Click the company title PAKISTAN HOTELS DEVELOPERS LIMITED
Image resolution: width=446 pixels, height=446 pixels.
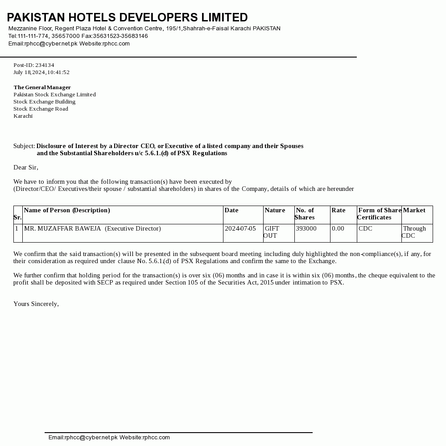[127, 17]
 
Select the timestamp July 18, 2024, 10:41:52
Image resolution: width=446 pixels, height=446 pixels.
[41, 72]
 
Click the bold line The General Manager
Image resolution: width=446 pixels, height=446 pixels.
[42, 87]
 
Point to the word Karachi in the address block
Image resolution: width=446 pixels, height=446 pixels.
[23, 116]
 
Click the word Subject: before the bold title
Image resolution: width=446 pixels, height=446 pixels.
[24, 146]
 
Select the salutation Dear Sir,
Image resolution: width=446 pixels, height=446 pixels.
[26, 167]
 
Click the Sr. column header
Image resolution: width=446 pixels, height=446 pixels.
[17, 217]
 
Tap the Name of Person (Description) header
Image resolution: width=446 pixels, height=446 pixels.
[67, 210]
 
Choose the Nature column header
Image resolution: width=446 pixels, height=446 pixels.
[275, 210]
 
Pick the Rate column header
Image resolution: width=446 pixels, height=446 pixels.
[339, 210]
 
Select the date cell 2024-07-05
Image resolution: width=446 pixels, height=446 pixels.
[240, 228]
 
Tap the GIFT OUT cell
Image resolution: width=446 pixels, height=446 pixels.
[272, 232]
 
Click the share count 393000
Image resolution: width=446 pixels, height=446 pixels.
[306, 228]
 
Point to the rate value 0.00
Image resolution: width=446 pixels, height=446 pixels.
[338, 228]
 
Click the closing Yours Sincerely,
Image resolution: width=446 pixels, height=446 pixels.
[36, 304]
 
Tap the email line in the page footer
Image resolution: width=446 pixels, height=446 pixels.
[109, 438]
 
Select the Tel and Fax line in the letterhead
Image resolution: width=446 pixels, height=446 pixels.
[78, 36]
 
